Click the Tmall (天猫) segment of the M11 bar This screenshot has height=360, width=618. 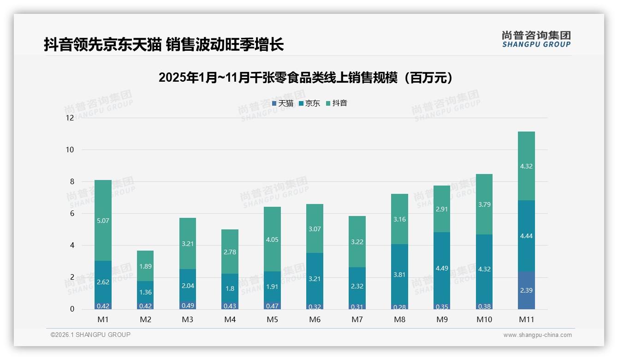pos(526,290)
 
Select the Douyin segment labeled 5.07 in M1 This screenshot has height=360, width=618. pos(103,221)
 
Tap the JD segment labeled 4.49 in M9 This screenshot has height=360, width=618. pos(441,268)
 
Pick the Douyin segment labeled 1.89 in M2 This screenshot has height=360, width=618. pos(145,266)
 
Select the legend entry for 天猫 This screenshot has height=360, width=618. pos(282,103)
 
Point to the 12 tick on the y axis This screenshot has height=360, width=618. pos(70,118)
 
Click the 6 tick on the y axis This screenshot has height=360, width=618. pos(71,213)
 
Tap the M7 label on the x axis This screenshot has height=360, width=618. pos(357,319)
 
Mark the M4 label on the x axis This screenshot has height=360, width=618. pos(230,319)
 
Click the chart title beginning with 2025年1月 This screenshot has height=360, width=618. pos(305,78)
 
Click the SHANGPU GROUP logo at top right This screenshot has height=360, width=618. pos(536,39)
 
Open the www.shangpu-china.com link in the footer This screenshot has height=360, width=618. pos(537,335)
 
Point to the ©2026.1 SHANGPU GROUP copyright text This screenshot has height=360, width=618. pos(90,335)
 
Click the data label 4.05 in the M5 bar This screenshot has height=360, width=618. pos(272,240)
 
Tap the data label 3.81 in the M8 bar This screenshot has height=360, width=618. pos(399,275)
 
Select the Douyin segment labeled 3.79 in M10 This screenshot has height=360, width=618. pos(484,204)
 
